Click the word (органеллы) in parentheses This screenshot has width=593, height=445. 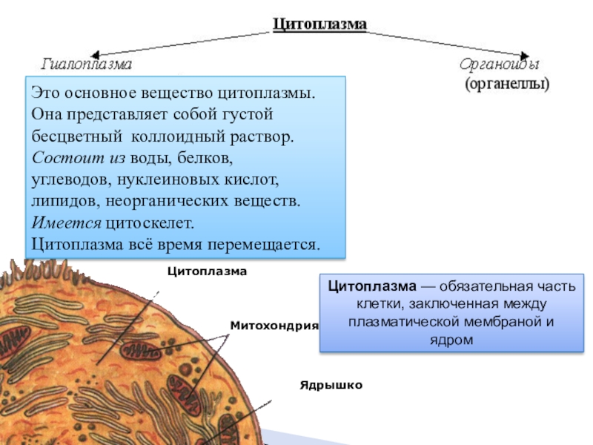pyautogui.click(x=507, y=84)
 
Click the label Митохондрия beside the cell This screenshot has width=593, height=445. pyautogui.click(x=274, y=326)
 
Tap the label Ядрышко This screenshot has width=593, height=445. pyautogui.click(x=331, y=386)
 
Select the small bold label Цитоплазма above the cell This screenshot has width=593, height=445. pyautogui.click(x=207, y=272)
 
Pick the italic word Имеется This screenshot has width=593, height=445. pyautogui.click(x=65, y=222)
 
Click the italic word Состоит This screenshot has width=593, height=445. pyautogui.click(x=66, y=158)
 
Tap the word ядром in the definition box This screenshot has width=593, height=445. pyautogui.click(x=452, y=340)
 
